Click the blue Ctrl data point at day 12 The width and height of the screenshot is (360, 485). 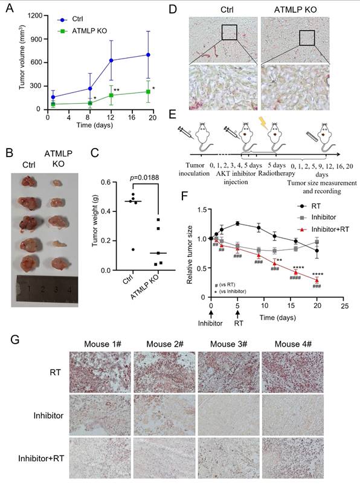tap(111, 60)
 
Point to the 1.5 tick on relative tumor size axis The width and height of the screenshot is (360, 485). tap(201, 210)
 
